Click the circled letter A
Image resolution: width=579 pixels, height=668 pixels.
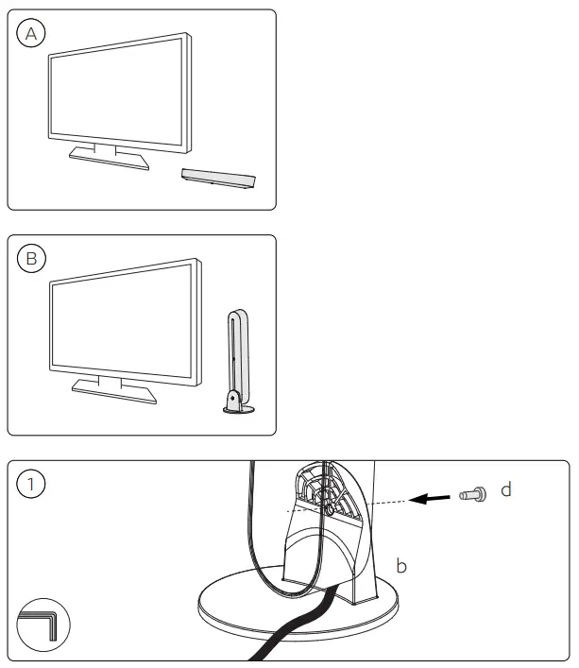click(x=32, y=34)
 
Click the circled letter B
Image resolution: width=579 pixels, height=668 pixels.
click(x=32, y=259)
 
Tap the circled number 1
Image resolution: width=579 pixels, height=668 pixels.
click(x=32, y=485)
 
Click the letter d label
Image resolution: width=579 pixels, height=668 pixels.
click(x=506, y=491)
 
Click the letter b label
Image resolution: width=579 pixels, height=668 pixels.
click(x=400, y=566)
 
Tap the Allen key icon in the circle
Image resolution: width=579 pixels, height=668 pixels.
click(x=43, y=623)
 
